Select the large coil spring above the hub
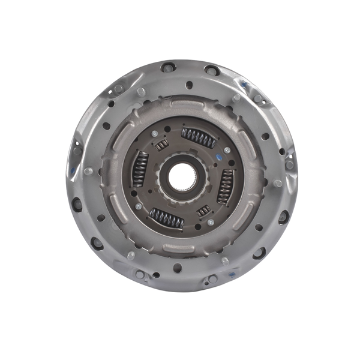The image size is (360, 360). click(x=198, y=138)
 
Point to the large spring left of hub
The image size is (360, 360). click(x=139, y=168)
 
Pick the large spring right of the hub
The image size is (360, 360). click(x=225, y=185)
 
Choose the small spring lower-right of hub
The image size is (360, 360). click(x=204, y=211)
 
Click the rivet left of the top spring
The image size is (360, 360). click(x=155, y=133)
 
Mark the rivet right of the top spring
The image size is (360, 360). click(x=227, y=150)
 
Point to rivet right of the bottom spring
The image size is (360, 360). click(x=211, y=222)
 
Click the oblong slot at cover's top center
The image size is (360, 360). click(x=188, y=85)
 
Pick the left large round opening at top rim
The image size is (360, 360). click(x=167, y=67)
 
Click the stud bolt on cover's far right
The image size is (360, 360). click(x=278, y=183)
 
